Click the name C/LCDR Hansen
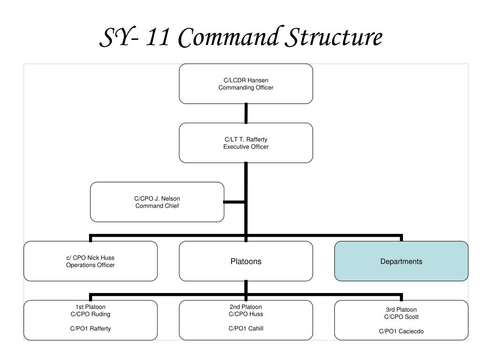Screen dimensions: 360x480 click(246, 80)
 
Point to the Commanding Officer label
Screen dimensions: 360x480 click(246, 87)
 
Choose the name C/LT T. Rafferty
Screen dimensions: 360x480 click(246, 140)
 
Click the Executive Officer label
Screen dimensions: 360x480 click(246, 147)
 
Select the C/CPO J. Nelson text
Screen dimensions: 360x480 click(157, 199)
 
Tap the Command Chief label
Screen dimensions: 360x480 click(157, 206)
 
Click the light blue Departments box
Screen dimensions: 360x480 click(401, 262)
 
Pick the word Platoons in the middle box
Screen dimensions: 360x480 click(246, 262)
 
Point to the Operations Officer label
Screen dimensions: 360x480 click(90, 265)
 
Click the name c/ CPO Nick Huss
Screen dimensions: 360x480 click(90, 258)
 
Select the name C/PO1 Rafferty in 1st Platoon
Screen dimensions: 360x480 click(90, 329)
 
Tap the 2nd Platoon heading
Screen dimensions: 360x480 click(246, 307)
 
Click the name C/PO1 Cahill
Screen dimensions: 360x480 click(246, 329)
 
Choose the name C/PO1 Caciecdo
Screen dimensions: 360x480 click(401, 331)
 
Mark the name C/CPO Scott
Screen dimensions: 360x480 click(401, 317)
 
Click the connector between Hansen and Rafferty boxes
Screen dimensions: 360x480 click(246, 113)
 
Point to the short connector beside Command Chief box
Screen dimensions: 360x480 click(234, 202)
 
